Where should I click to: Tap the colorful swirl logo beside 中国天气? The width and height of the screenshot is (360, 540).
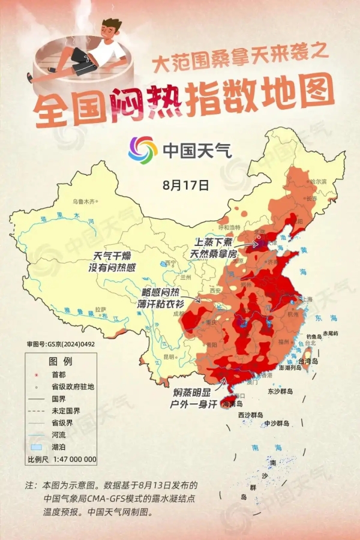pyautogui.click(x=142, y=149)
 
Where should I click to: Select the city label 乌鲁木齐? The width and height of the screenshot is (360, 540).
pyautogui.click(x=84, y=202)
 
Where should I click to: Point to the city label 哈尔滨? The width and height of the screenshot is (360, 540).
pyautogui.click(x=318, y=181)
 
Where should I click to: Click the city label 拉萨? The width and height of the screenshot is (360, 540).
pyautogui.click(x=100, y=310)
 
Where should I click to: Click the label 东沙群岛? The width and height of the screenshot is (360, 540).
pyautogui.click(x=280, y=391)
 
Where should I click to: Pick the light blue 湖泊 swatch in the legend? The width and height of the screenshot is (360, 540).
pyautogui.click(x=36, y=448)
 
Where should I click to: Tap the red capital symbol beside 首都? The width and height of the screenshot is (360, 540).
pyautogui.click(x=36, y=374)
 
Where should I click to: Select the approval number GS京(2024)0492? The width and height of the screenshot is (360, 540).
pyautogui.click(x=61, y=344)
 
